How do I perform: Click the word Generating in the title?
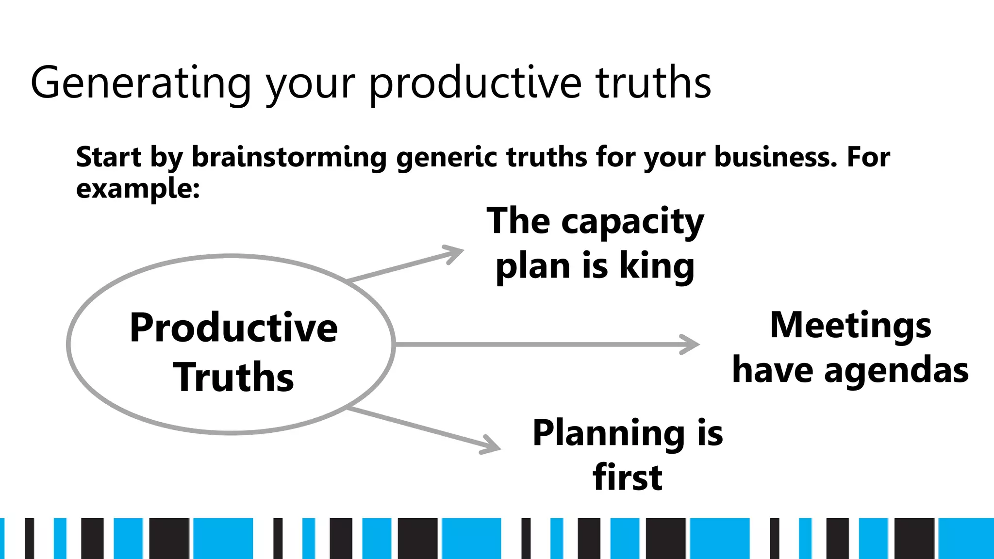[x=141, y=83]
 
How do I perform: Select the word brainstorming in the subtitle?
[x=289, y=157]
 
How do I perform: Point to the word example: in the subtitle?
[x=138, y=188]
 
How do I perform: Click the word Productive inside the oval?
[x=233, y=328]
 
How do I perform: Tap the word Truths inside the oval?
[x=233, y=378]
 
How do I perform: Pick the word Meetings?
[x=850, y=325]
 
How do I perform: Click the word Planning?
[x=609, y=433]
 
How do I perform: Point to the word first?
[x=628, y=477]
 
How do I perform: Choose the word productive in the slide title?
[x=475, y=83]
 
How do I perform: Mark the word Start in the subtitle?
[x=109, y=157]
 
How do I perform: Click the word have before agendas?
[x=772, y=370]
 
